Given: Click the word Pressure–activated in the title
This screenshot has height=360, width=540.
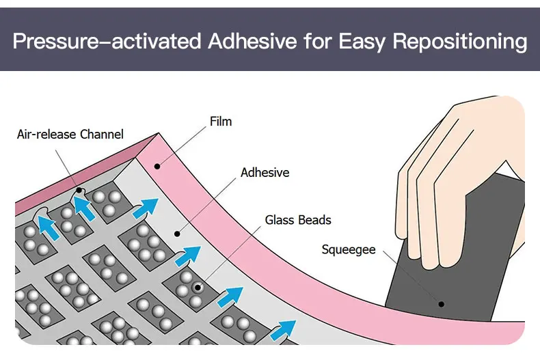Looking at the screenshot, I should click(x=107, y=42).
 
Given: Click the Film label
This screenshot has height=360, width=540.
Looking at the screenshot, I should click(x=220, y=122).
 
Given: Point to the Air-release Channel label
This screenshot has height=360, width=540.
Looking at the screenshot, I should click(x=70, y=135).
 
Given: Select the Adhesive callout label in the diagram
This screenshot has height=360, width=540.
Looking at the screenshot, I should click(x=265, y=173).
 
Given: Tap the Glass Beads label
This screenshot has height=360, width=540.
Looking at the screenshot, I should click(x=298, y=220).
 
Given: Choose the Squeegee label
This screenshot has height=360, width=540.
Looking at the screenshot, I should click(x=349, y=249).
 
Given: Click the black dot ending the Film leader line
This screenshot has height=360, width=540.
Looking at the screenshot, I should click(x=157, y=165).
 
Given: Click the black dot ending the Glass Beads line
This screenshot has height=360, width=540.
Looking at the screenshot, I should click(x=198, y=287).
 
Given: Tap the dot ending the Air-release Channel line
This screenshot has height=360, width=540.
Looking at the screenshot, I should click(x=80, y=189).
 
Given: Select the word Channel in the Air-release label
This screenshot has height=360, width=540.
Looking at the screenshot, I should click(x=102, y=135).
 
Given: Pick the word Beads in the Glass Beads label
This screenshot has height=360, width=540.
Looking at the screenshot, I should click(x=316, y=220).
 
